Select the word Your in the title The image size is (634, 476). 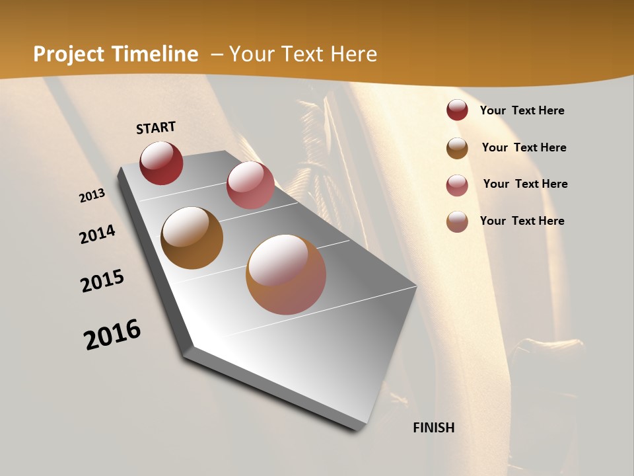coord(251,54)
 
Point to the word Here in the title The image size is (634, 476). coord(353,54)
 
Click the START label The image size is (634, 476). coord(156,128)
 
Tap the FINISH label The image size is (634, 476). coord(434,428)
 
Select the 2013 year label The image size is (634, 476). coord(92,196)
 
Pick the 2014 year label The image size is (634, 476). coord(97,234)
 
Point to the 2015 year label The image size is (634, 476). coord(102,281)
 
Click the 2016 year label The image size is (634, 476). coord(112,335)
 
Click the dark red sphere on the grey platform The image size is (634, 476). coord(161,163)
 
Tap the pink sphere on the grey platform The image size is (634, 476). coord(250,185)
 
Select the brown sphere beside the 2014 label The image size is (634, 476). coord(192,238)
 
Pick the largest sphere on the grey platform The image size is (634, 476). coord(286,274)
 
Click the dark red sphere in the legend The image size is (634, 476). coord(457,110)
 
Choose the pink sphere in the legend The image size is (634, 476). coord(457,185)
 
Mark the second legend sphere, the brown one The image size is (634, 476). coord(457,148)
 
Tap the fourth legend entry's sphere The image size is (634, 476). coord(457,221)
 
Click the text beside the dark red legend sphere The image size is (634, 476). coord(522,110)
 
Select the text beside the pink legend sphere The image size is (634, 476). coord(525,184)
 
